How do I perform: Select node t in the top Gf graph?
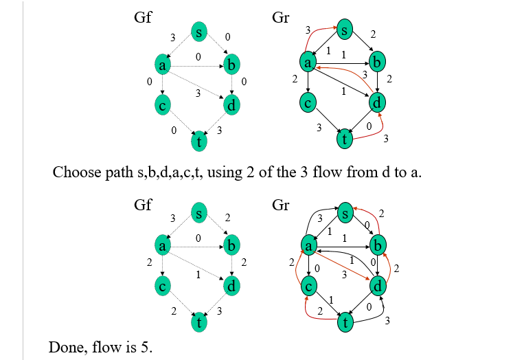click(x=199, y=142)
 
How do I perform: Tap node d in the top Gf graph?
click(x=233, y=105)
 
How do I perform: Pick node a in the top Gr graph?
click(x=309, y=63)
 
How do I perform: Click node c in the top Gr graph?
click(x=309, y=104)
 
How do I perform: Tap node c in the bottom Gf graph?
click(x=163, y=285)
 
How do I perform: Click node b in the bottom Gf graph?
click(x=233, y=245)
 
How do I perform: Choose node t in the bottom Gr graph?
click(x=343, y=320)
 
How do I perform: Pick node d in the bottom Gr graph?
click(x=378, y=284)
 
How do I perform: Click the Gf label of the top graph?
click(x=142, y=19)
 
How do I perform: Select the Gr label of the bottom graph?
click(x=281, y=206)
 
